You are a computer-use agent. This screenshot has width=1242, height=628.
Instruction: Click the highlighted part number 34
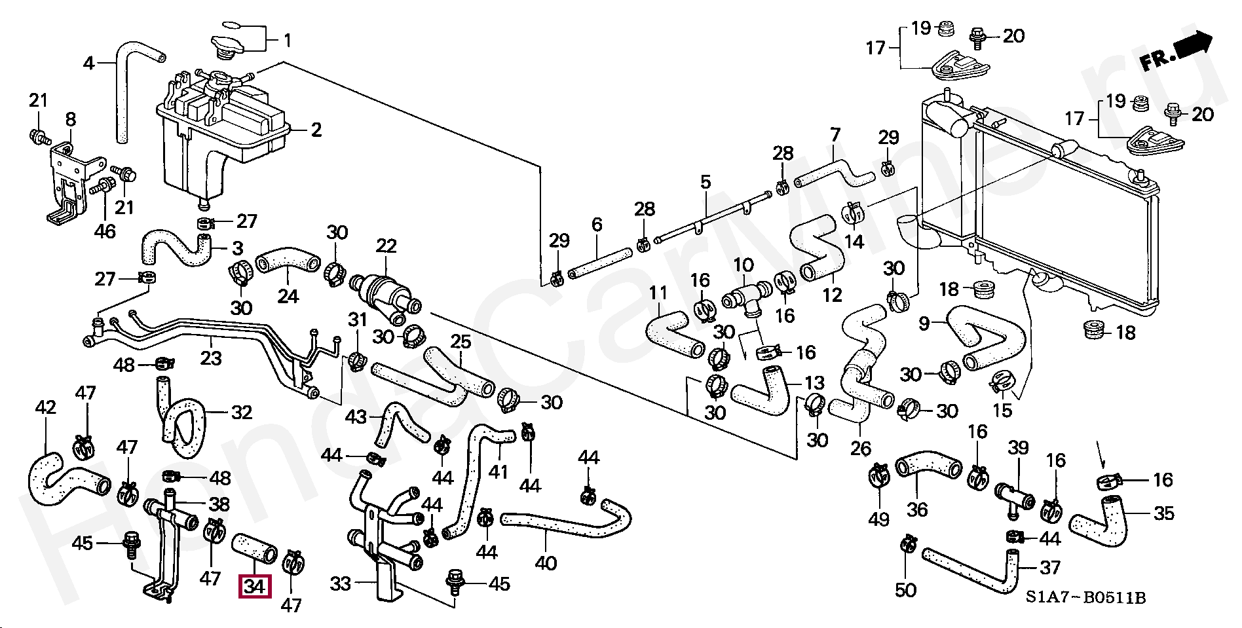pyautogui.click(x=254, y=586)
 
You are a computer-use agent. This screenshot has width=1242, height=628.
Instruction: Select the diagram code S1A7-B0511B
pyautogui.click(x=1085, y=598)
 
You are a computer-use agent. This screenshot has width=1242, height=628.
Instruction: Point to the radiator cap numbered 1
pyautogui.click(x=227, y=46)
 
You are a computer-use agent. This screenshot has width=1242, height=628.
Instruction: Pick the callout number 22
pyautogui.click(x=386, y=246)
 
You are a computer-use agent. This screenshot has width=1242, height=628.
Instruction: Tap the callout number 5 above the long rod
pyautogui.click(x=705, y=181)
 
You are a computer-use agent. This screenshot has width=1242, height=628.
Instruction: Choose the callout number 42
pyautogui.click(x=45, y=407)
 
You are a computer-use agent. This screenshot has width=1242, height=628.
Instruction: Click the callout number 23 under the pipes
pyautogui.click(x=211, y=358)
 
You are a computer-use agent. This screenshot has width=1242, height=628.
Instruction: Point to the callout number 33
pyautogui.click(x=340, y=583)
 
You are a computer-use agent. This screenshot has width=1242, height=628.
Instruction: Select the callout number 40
pyautogui.click(x=546, y=563)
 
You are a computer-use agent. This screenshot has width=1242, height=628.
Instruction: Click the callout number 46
pyautogui.click(x=105, y=231)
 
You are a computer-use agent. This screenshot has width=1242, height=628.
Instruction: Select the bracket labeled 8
pyautogui.click(x=67, y=177)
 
